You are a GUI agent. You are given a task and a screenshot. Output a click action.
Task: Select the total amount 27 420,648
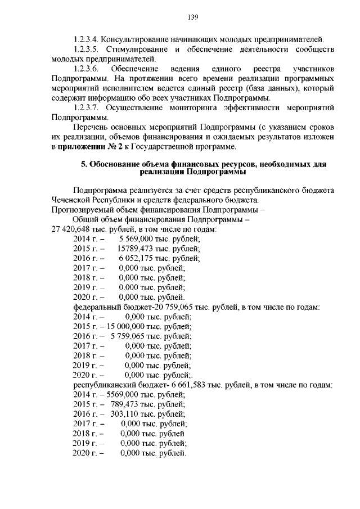(x=73, y=229)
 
